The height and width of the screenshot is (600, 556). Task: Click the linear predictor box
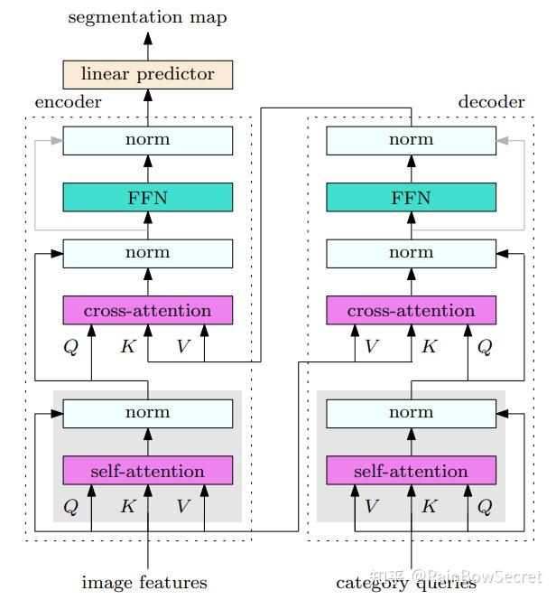click(147, 75)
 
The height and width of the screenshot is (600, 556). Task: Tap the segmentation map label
click(147, 17)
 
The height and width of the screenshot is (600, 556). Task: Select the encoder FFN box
click(147, 197)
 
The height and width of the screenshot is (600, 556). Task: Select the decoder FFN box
click(412, 197)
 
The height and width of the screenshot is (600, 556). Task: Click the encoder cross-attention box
click(147, 310)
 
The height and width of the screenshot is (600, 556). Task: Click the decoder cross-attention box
click(412, 310)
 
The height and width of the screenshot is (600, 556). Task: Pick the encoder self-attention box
click(147, 470)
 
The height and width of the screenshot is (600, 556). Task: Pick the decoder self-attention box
click(412, 470)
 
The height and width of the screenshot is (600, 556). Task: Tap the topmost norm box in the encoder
click(147, 140)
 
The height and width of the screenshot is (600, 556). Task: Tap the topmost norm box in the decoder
click(412, 140)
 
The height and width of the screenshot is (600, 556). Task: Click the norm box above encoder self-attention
click(147, 414)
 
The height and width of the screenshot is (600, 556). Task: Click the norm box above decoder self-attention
click(412, 414)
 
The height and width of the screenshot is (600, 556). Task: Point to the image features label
click(144, 583)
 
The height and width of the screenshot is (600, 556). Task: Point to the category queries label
click(406, 584)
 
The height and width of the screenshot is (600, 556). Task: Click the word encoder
click(68, 102)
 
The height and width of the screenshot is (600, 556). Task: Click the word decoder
click(491, 102)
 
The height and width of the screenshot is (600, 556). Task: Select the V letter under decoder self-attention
click(372, 506)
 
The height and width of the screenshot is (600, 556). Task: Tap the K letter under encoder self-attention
click(128, 506)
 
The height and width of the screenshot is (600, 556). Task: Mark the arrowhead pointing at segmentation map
click(148, 38)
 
